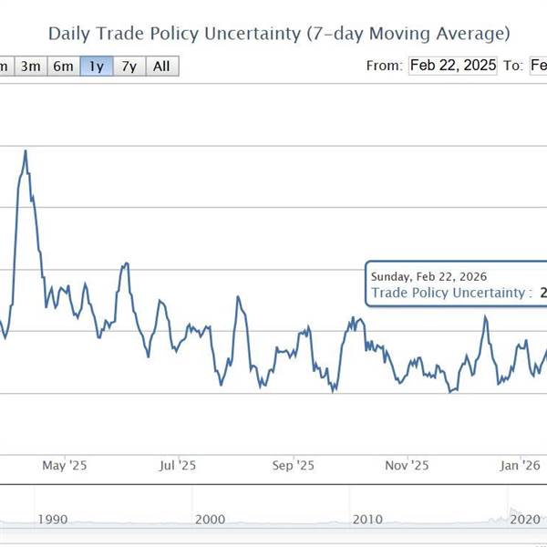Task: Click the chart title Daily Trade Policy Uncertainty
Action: [278, 34]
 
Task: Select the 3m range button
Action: [30, 66]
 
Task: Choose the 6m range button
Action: [63, 66]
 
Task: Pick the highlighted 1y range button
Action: [96, 66]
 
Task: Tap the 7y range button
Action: [129, 66]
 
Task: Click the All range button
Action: [161, 66]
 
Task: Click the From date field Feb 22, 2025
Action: [452, 66]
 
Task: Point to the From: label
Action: [383, 66]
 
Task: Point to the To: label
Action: [513, 66]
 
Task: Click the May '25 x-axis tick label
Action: [65, 465]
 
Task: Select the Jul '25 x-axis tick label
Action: [179, 465]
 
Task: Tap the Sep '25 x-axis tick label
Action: [293, 465]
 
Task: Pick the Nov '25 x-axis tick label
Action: [408, 465]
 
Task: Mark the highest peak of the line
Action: [25, 150]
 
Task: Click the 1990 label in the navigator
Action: [53, 519]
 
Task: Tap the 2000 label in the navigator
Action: [210, 519]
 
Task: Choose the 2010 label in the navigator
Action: [367, 519]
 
